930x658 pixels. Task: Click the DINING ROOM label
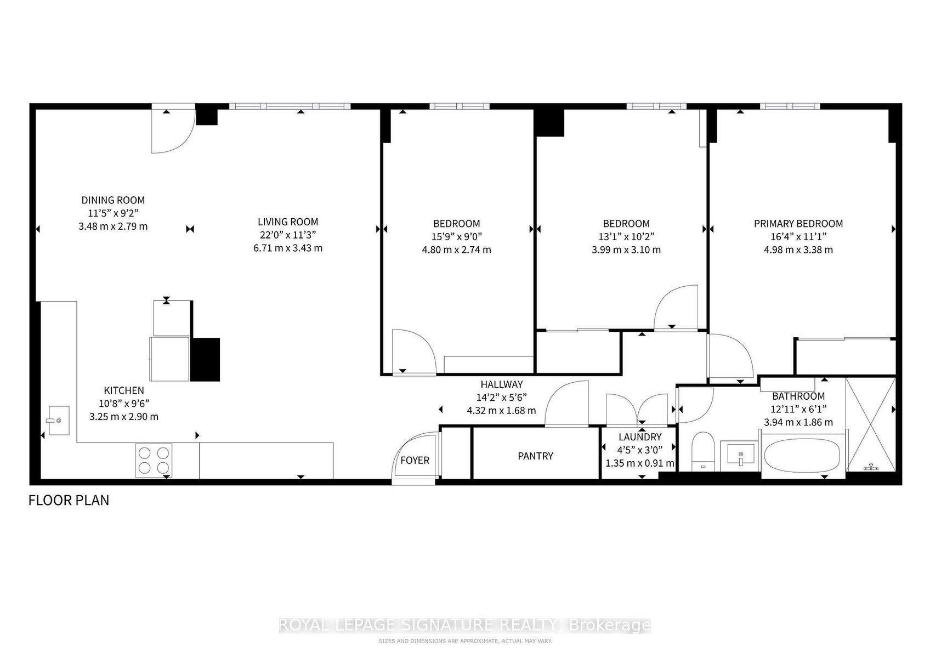pos(113,200)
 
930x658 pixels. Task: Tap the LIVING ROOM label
pos(288,222)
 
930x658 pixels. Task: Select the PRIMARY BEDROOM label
pos(798,224)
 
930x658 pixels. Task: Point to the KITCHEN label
pos(124,390)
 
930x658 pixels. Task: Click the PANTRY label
pos(535,456)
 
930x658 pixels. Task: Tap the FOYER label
pos(415,461)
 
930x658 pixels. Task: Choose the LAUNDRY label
pos(640,437)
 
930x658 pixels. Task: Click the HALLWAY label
pos(502,384)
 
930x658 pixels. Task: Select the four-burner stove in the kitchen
pos(154,461)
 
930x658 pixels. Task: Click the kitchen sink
pos(59,421)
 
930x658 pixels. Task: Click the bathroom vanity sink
pos(741,456)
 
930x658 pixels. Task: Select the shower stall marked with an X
pos(871,425)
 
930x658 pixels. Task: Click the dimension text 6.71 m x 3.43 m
pos(288,248)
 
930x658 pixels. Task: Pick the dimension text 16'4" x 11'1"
pos(798,237)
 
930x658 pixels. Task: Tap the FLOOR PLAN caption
pos(69,501)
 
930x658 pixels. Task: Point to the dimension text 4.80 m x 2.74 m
pos(456,250)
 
